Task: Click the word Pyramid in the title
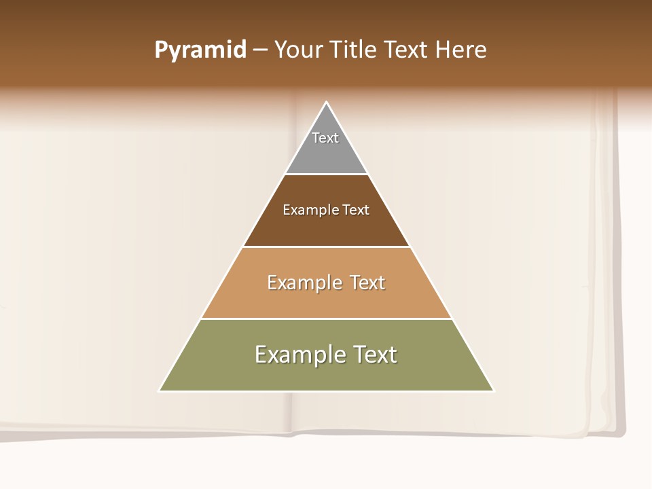tap(200, 50)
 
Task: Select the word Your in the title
tap(299, 50)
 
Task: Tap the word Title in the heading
tap(355, 50)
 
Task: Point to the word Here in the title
tap(460, 50)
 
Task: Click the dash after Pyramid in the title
tap(260, 50)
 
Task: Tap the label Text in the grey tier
tap(325, 138)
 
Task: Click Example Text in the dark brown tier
tap(326, 210)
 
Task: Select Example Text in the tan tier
tap(326, 283)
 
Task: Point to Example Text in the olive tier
tap(326, 355)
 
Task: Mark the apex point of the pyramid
tap(327, 103)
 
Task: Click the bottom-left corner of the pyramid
tap(160, 391)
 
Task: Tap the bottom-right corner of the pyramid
tap(494, 391)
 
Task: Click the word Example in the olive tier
tap(300, 355)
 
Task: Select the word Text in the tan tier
tap(368, 283)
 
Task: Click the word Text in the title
tap(408, 50)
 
